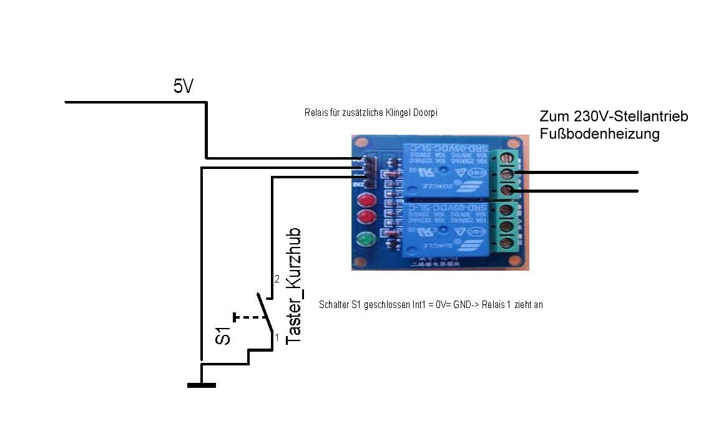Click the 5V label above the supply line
pos(184,86)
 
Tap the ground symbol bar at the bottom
pos(201,385)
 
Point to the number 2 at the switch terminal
pos(277,279)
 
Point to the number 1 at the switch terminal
pos(277,337)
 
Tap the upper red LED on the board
pos(365,201)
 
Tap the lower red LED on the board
pos(365,219)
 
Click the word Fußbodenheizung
pos(599,134)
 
